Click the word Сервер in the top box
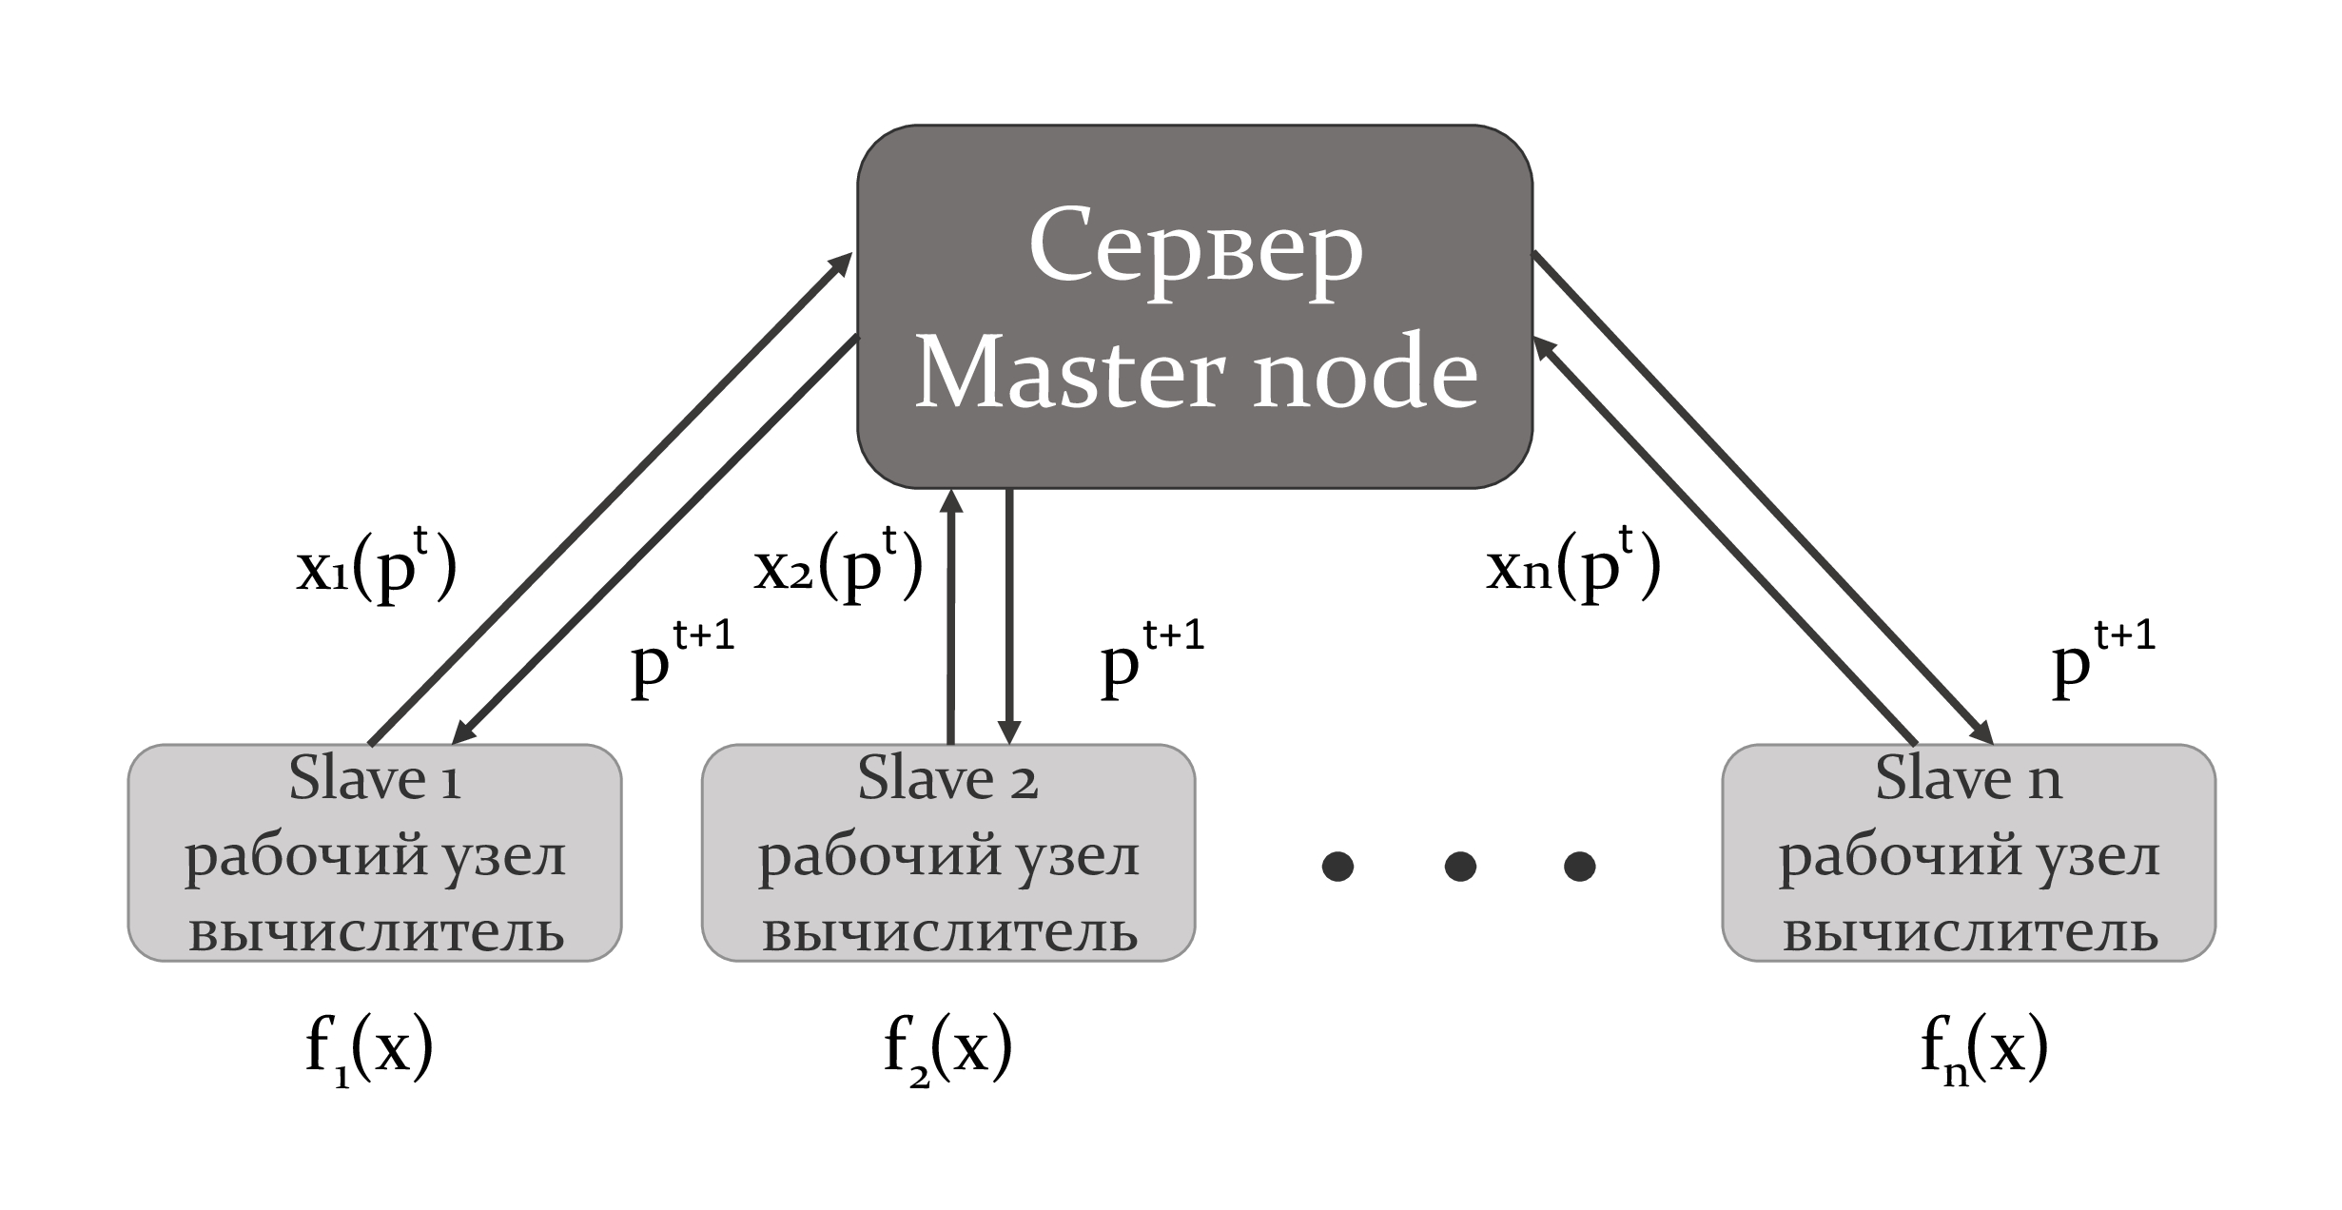click(x=1196, y=249)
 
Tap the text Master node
click(x=1196, y=373)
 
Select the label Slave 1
click(x=375, y=779)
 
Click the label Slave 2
click(x=947, y=779)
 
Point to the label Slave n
click(x=1967, y=779)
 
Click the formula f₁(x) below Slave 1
click(x=370, y=1049)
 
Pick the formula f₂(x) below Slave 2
click(x=947, y=1049)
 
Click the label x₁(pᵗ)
click(x=378, y=568)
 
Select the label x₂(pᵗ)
click(x=838, y=568)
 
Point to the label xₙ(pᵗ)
click(x=1573, y=568)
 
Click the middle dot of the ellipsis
click(x=1459, y=866)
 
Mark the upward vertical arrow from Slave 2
click(x=949, y=618)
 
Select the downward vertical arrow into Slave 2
click(x=1009, y=618)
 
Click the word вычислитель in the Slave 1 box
click(x=377, y=933)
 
